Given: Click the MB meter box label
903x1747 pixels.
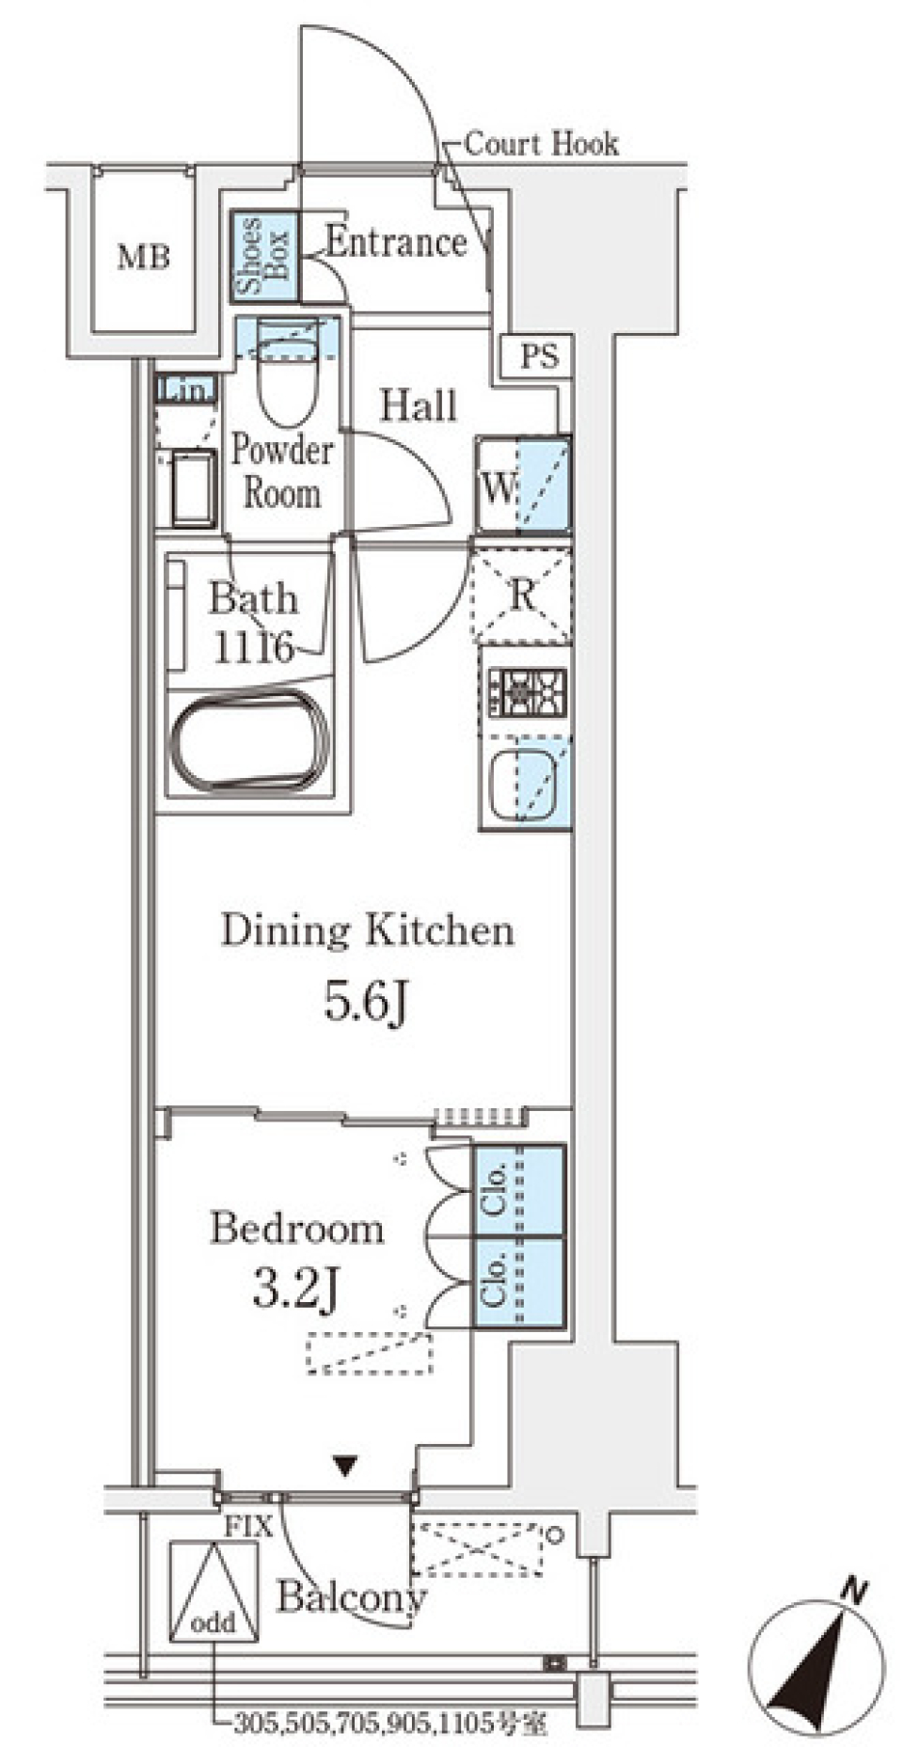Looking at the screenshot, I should click(x=143, y=256).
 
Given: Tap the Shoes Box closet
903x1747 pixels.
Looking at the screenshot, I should click(x=264, y=256).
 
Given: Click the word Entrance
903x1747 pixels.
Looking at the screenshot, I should click(x=396, y=243).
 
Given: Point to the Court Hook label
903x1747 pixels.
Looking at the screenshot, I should click(x=542, y=144).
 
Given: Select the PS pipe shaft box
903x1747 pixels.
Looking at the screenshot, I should click(x=540, y=357).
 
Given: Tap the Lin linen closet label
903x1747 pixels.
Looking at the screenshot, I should click(x=186, y=389).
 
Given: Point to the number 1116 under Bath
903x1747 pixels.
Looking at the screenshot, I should click(x=252, y=647).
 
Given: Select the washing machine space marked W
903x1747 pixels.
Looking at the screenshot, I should click(x=522, y=486).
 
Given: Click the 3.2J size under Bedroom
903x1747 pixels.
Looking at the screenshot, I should click(x=294, y=1288).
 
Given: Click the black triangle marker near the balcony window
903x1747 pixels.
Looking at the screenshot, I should click(x=345, y=1465).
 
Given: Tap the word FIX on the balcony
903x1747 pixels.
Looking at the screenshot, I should click(x=247, y=1527).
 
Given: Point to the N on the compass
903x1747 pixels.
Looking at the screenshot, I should click(x=853, y=1592).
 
